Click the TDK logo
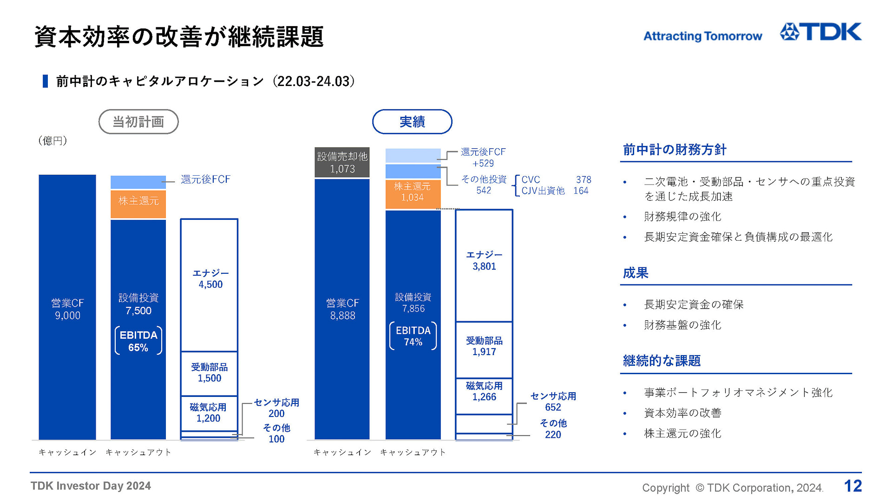pyautogui.click(x=820, y=32)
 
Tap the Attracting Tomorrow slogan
pyautogui.click(x=702, y=36)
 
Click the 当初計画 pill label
pyautogui.click(x=138, y=122)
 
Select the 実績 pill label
pyautogui.click(x=412, y=122)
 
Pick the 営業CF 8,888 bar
pyautogui.click(x=342, y=309)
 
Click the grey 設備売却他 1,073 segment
pyautogui.click(x=342, y=163)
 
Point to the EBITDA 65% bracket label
pyautogui.click(x=138, y=341)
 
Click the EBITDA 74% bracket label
pyautogui.click(x=413, y=336)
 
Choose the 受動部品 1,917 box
pyautogui.click(x=484, y=346)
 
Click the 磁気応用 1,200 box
pyautogui.click(x=209, y=413)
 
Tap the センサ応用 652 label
pyautogui.click(x=553, y=402)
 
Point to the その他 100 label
pyautogui.click(x=276, y=433)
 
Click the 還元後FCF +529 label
pyautogui.click(x=483, y=158)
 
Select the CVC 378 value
pyautogui.click(x=584, y=180)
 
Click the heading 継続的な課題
pyautogui.click(x=662, y=361)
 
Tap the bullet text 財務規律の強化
pyautogui.click(x=682, y=217)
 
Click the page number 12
pyautogui.click(x=853, y=486)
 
